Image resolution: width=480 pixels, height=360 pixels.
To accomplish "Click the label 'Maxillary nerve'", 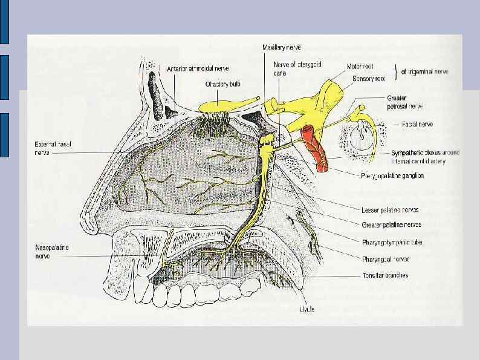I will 282,47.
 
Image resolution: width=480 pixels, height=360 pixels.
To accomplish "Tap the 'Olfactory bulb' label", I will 223,85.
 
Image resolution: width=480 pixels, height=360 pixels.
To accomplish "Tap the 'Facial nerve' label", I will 418,124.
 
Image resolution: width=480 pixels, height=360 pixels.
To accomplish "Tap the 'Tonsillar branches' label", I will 386,275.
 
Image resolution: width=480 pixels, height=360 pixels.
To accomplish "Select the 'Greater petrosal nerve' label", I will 404,101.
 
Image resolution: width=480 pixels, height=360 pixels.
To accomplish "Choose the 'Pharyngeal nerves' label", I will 386,259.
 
